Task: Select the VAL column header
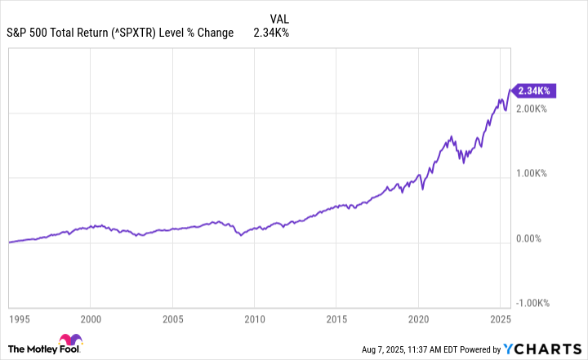[x=278, y=18]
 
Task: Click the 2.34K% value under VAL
[x=272, y=33]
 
